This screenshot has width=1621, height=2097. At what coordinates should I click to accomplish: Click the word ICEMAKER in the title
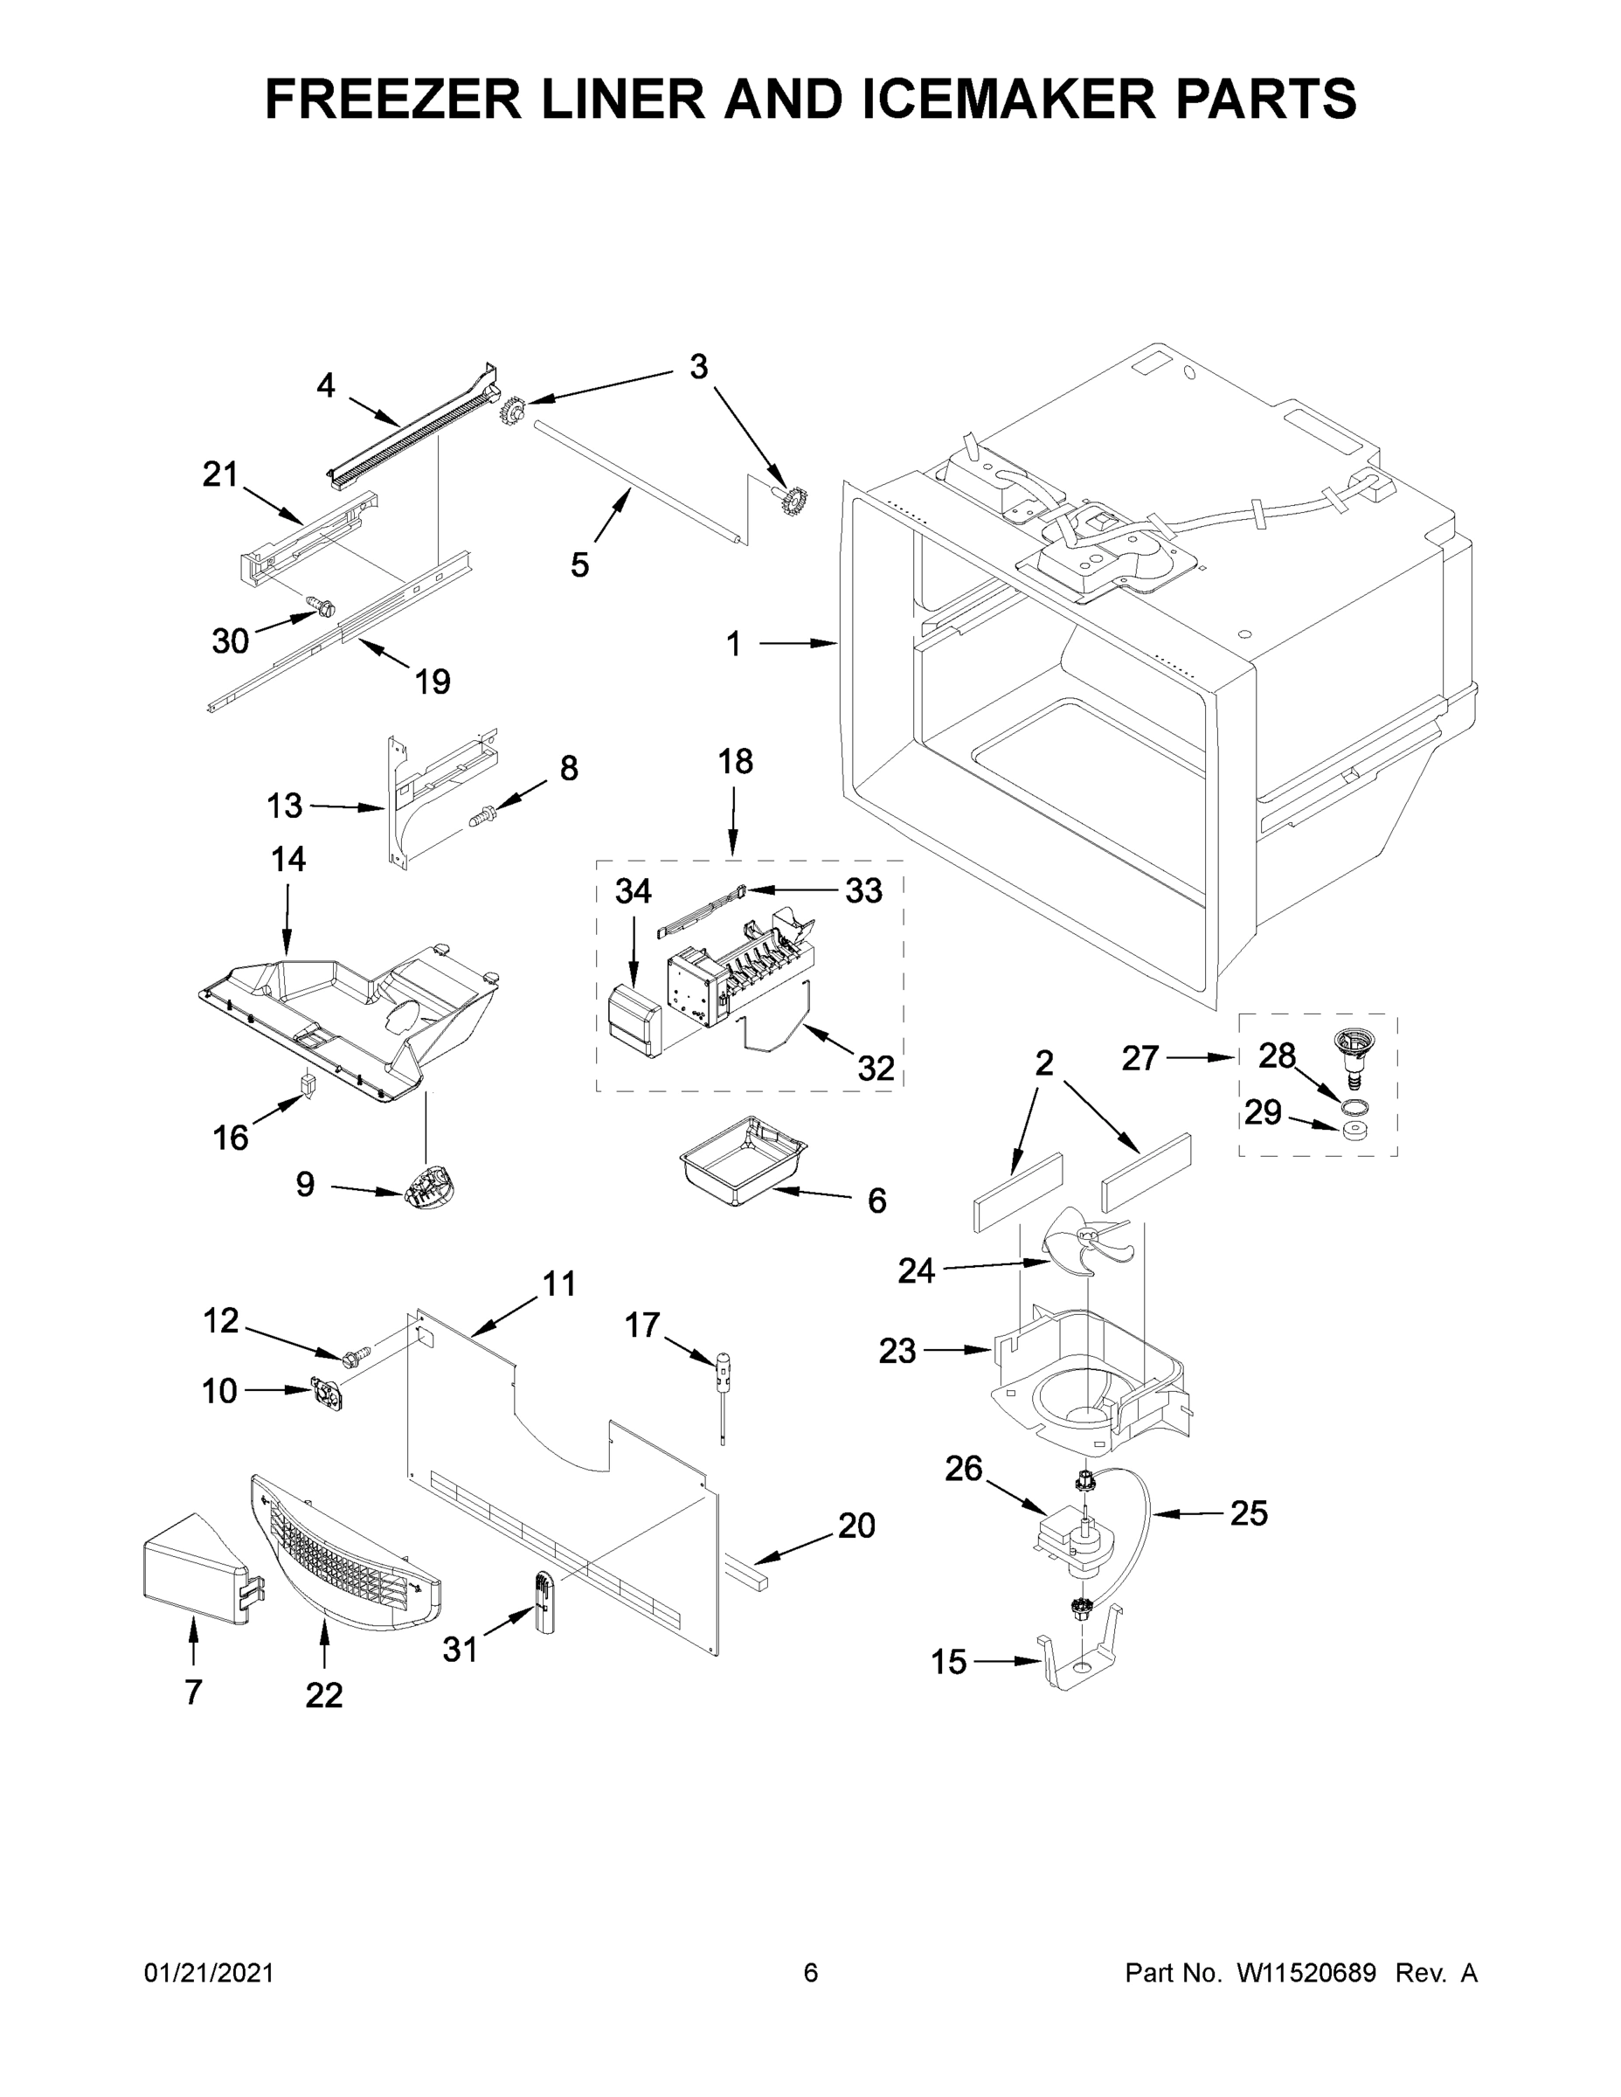coord(1008,99)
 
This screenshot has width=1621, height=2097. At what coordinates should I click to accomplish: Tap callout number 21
coord(220,474)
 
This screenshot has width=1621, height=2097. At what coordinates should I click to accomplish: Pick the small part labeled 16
coord(308,1085)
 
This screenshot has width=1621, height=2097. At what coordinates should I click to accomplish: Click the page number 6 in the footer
coord(811,1973)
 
